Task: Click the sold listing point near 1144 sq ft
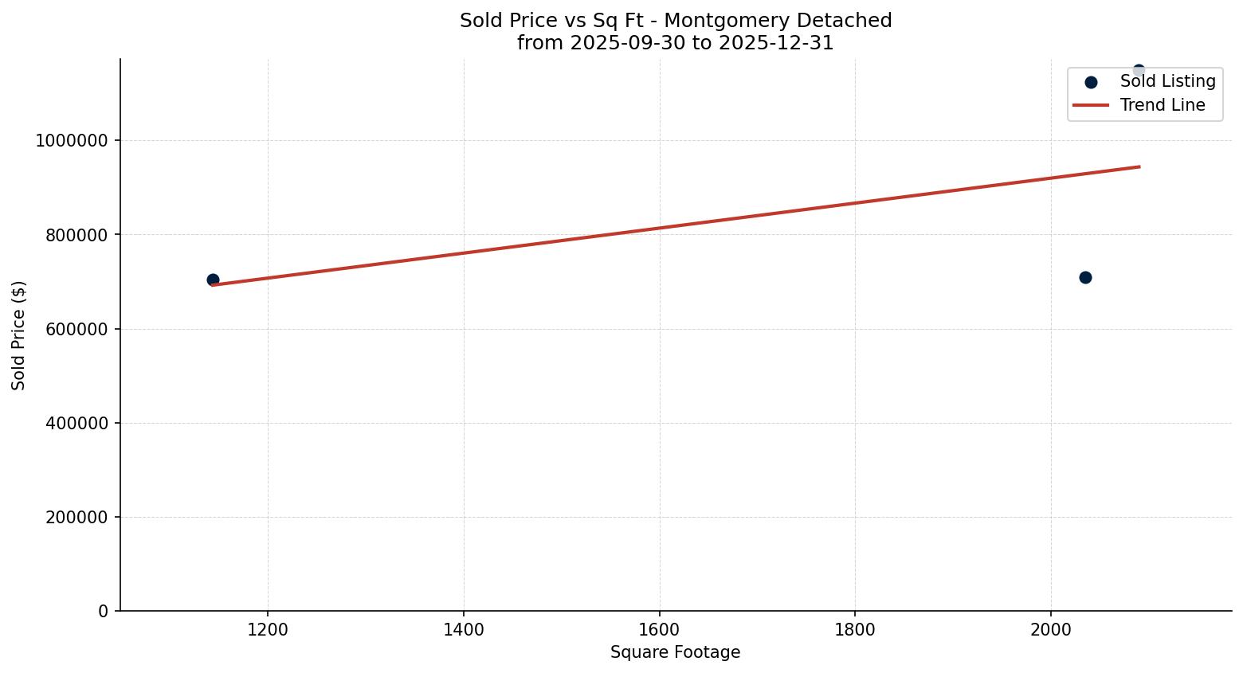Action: (x=213, y=280)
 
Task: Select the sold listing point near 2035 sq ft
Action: (x=1085, y=277)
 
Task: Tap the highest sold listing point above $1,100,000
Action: (x=1139, y=70)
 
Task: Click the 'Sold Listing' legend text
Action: (x=1167, y=81)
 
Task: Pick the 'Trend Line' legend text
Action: (x=1163, y=105)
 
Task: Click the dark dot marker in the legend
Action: (x=1091, y=82)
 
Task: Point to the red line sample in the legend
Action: (x=1091, y=105)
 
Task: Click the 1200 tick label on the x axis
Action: (x=268, y=629)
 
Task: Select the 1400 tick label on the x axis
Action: (x=464, y=629)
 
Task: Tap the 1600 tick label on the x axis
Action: (x=659, y=629)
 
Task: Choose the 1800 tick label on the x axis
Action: (x=855, y=629)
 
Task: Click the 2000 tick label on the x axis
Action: (x=1050, y=629)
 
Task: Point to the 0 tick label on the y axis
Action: (x=104, y=611)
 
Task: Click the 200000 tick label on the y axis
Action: (x=76, y=517)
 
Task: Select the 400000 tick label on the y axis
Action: (x=76, y=423)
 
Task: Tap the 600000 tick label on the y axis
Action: (x=76, y=329)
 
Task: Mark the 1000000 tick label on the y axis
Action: (x=73, y=141)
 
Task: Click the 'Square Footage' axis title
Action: (x=675, y=652)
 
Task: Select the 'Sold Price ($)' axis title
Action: (x=19, y=335)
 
